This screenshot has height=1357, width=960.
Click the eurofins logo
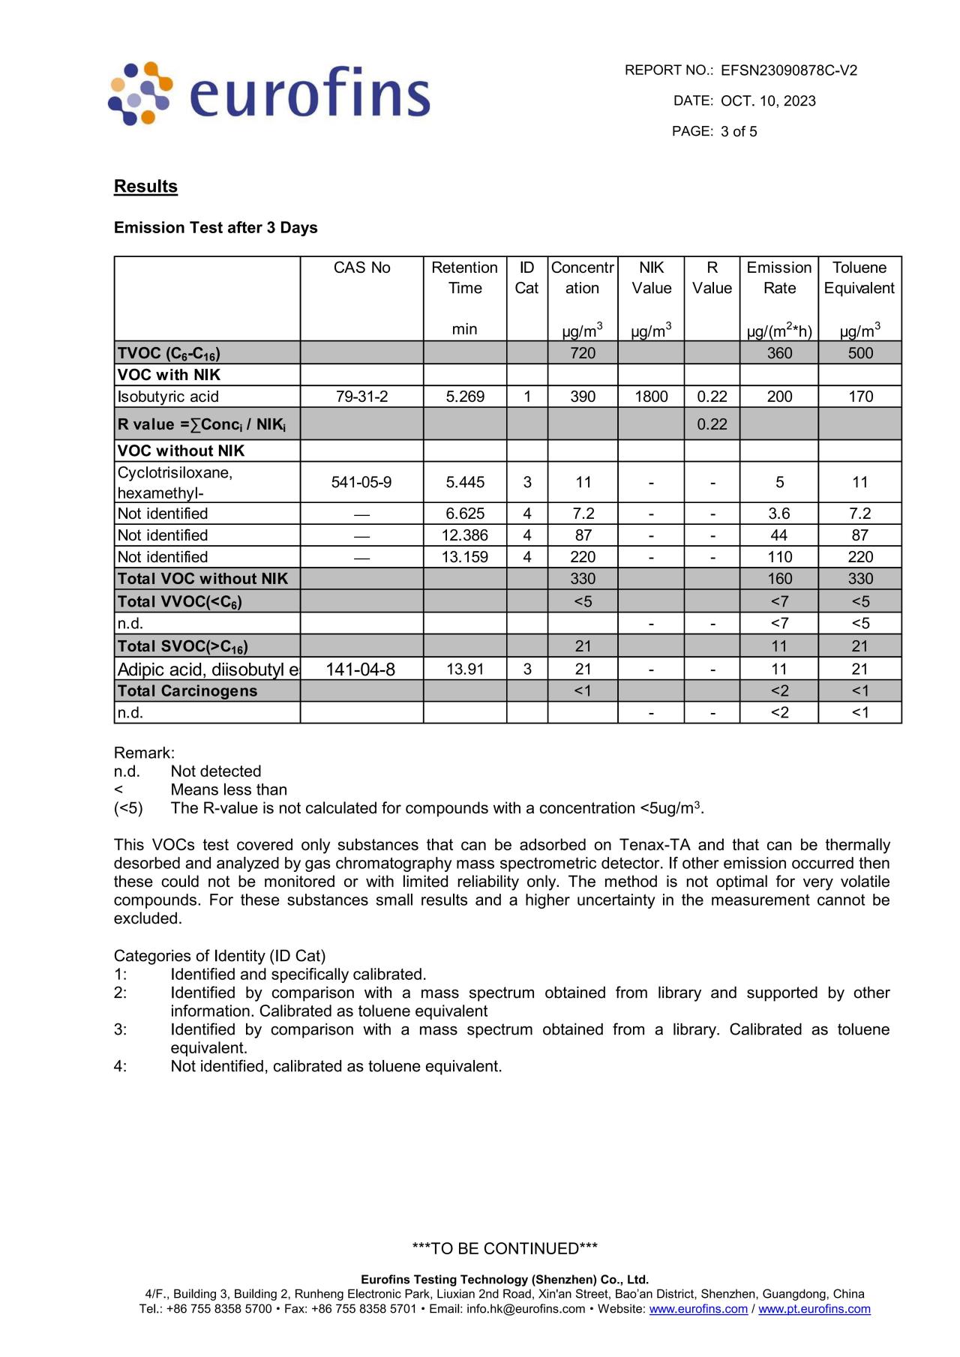[269, 94]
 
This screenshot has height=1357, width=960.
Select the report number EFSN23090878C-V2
[788, 70]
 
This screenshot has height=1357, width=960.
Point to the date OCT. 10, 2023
[768, 101]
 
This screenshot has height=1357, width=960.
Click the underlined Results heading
[145, 187]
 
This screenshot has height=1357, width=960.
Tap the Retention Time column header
[464, 278]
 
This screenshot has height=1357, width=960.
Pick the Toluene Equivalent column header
[859, 278]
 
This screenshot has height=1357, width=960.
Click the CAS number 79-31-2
[361, 397]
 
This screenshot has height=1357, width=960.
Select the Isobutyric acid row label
[168, 397]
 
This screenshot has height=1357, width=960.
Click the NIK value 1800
[651, 397]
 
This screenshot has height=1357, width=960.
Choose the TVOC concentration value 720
[583, 353]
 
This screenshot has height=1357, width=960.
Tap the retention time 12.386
[464, 535]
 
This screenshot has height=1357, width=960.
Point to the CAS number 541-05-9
[361, 482]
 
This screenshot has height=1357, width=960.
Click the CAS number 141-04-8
[361, 670]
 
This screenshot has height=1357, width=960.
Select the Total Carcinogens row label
[187, 691]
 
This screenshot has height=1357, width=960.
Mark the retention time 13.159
[464, 557]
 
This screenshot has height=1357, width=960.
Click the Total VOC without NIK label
[202, 579]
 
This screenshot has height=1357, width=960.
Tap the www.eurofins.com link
[698, 1309]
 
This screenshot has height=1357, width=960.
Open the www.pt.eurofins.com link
[814, 1309]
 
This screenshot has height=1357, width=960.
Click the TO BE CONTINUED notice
[505, 1249]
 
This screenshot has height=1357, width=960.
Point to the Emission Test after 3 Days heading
[215, 228]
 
